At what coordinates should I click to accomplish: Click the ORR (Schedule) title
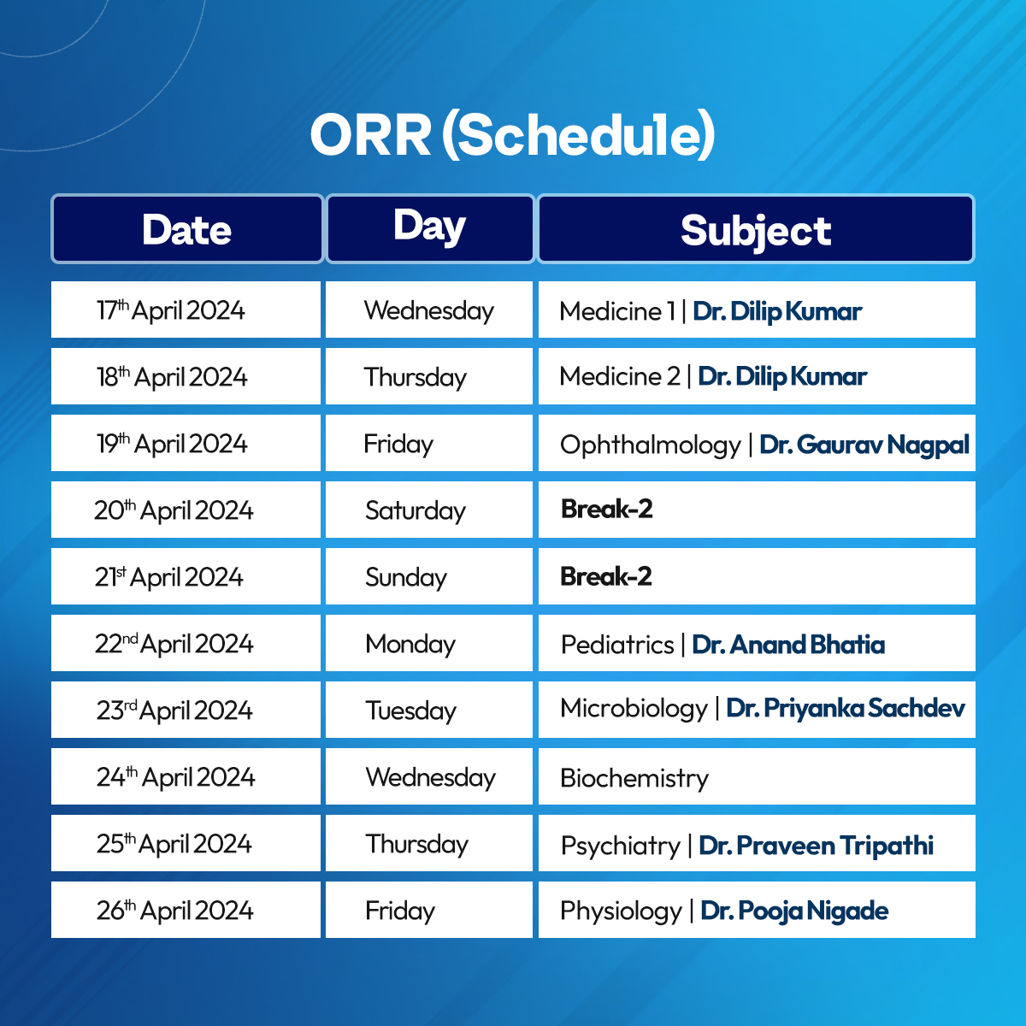512,135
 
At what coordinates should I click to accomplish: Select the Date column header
187,229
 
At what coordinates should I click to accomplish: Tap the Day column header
430,229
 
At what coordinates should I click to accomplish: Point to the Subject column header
756,229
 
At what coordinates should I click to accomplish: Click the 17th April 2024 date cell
186,310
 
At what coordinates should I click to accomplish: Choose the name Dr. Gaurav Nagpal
864,445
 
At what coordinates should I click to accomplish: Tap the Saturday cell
429,510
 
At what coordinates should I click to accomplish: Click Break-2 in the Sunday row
606,576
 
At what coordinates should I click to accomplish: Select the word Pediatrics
617,645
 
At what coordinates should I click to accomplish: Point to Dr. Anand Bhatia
788,645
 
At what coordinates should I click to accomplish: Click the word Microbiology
634,709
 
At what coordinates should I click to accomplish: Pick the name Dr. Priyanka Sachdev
846,708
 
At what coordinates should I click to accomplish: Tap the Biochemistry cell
757,776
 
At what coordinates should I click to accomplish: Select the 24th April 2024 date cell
186,776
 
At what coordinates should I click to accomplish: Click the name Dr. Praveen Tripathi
817,845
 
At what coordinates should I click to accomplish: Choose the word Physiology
621,911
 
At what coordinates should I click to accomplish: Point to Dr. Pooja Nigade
794,911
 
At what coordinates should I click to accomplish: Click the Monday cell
429,643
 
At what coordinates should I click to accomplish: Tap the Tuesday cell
429,710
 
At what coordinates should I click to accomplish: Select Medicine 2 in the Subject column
620,376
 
